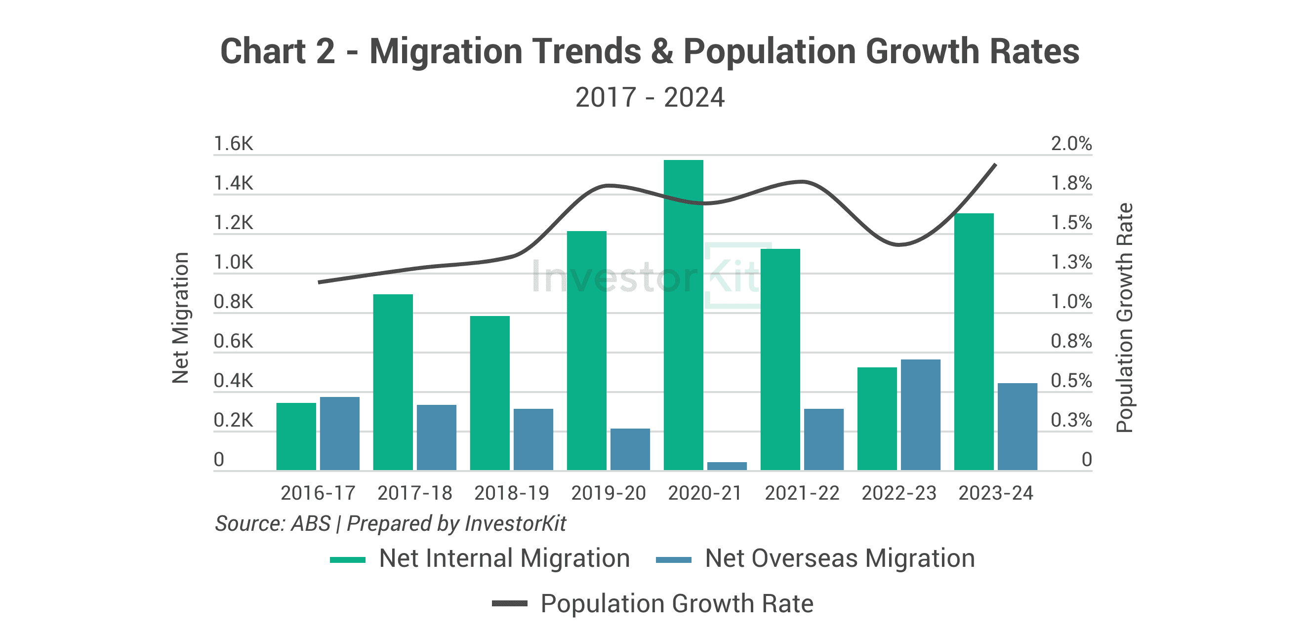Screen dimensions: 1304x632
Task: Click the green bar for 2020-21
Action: (684, 315)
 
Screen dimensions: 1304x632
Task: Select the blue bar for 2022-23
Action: (920, 414)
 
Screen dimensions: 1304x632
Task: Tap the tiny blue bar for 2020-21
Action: (727, 466)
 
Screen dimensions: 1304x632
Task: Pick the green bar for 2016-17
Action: (296, 436)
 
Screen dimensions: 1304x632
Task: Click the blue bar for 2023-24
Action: (1018, 427)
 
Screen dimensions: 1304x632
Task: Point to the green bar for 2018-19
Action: (490, 393)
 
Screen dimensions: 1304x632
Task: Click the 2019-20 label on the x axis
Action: (609, 493)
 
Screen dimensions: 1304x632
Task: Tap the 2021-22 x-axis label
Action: (802, 493)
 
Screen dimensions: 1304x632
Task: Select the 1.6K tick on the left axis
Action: (233, 144)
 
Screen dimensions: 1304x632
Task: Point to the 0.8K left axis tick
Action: (233, 302)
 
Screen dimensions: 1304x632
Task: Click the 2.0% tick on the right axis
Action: (1071, 144)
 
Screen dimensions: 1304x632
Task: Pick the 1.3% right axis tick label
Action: (1071, 262)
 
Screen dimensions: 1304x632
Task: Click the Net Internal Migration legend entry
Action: (480, 558)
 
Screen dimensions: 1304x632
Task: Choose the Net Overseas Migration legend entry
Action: (815, 558)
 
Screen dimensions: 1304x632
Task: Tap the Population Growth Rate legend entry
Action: (653, 604)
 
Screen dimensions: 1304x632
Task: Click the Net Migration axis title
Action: (180, 318)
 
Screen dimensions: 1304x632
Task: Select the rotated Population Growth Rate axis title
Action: (1124, 318)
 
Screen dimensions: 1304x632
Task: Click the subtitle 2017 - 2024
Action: (650, 97)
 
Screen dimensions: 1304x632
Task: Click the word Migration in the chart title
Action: (446, 52)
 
